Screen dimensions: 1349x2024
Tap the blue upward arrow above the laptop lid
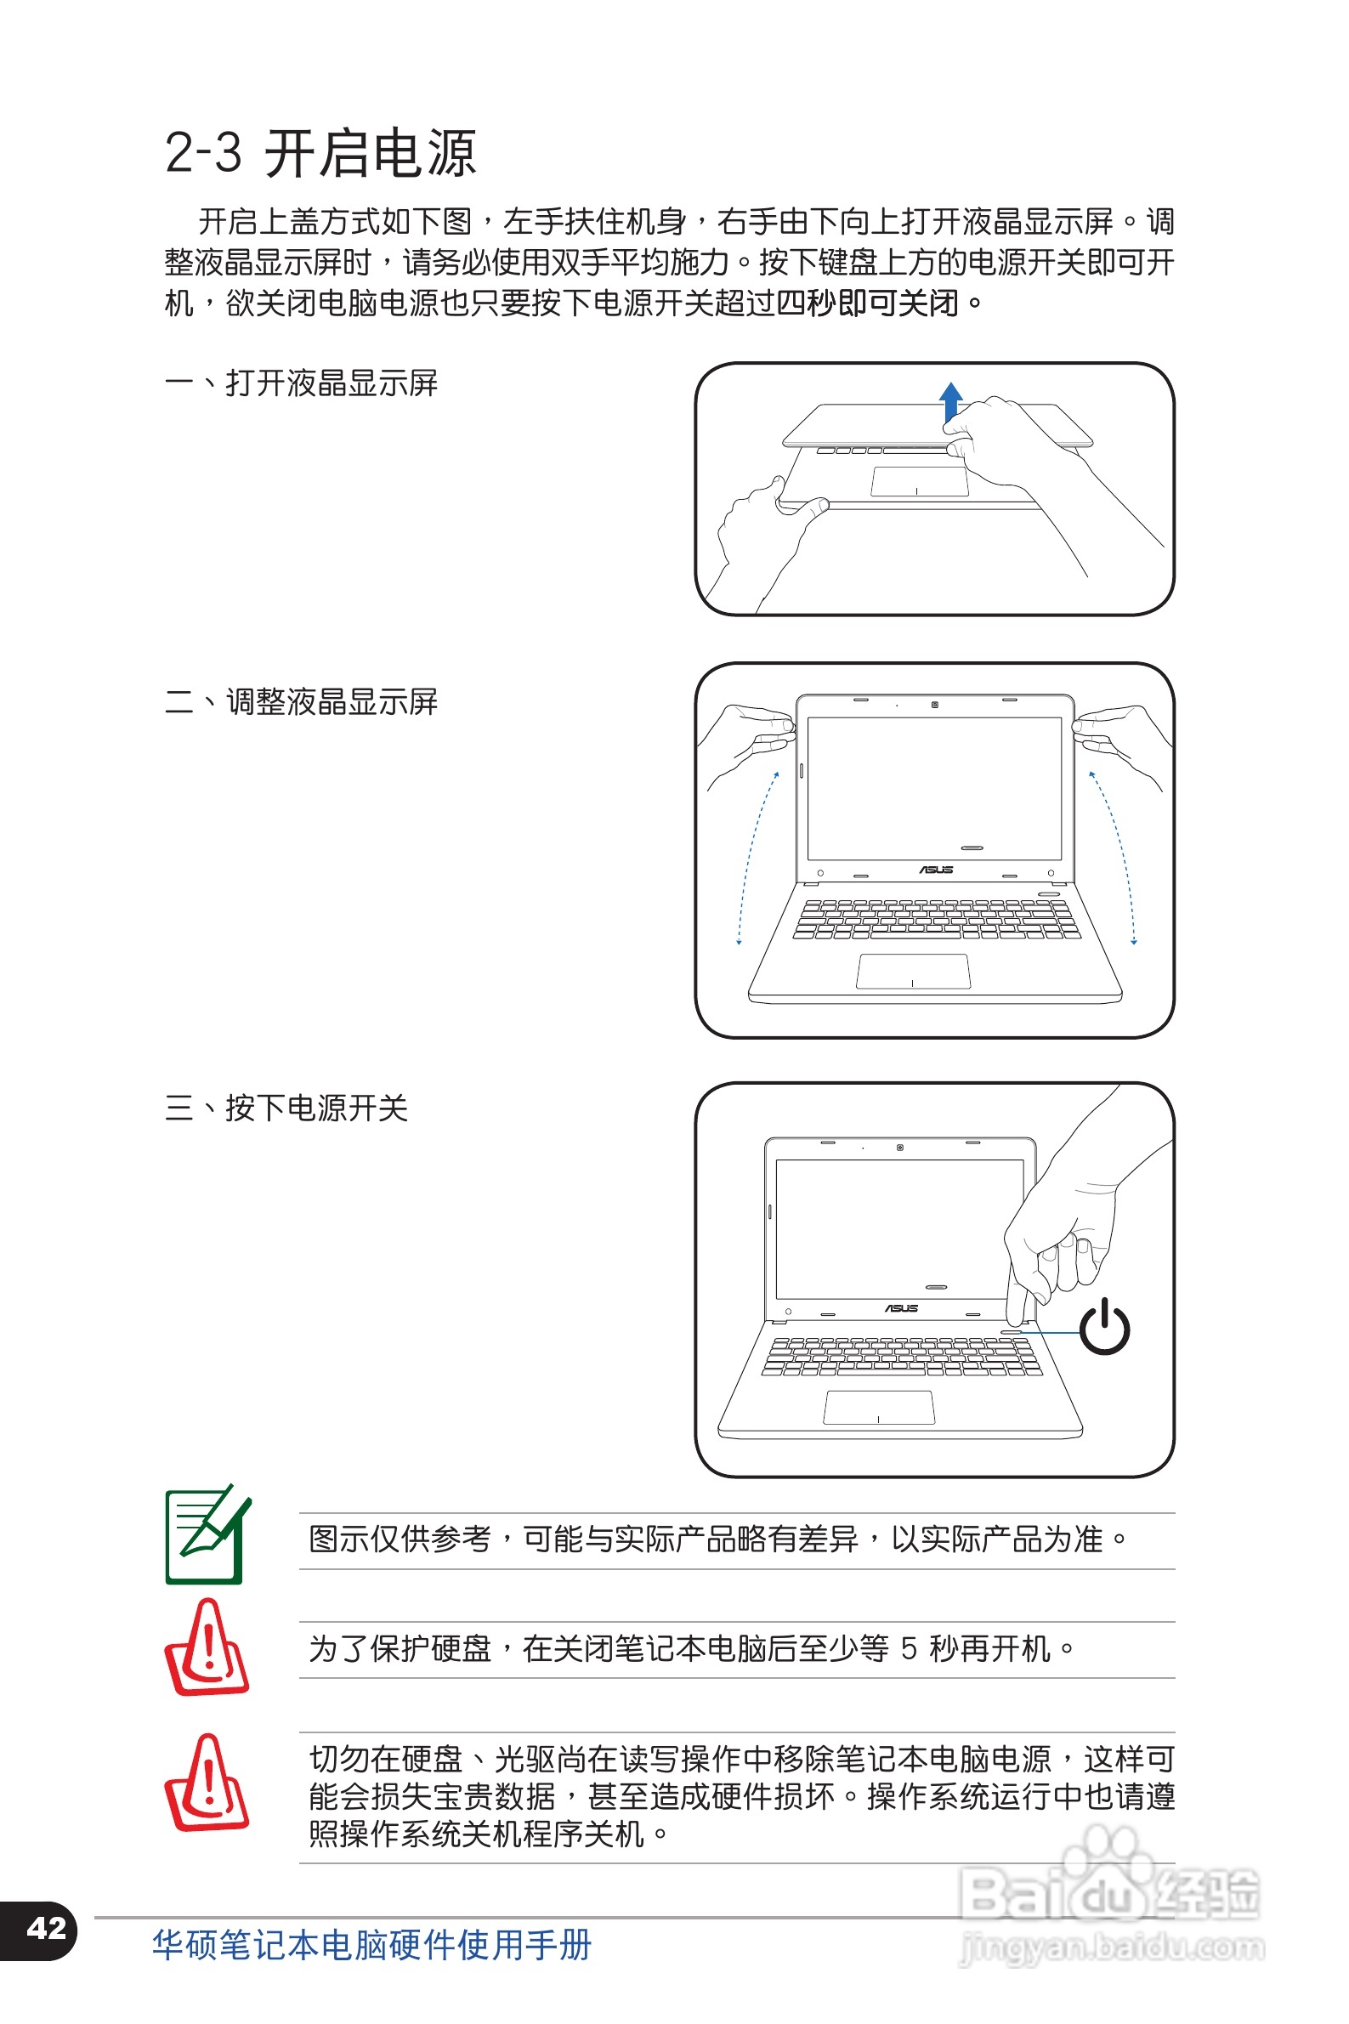coord(949,402)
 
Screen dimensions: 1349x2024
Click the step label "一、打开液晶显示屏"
coord(301,383)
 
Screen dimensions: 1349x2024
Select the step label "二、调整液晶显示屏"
coord(301,702)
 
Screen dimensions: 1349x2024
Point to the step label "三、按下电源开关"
coord(286,1108)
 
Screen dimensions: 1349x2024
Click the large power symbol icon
coord(1104,1327)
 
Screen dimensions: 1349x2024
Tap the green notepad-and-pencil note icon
coord(207,1534)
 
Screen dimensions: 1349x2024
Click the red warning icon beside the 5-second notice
coord(206,1647)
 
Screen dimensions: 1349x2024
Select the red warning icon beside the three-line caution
coord(206,1783)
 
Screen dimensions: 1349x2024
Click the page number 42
coord(47,1928)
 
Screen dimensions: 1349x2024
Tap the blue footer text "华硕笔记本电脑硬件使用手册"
coord(371,1945)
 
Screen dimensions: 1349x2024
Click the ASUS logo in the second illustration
coord(936,870)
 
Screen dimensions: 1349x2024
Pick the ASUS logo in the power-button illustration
coord(901,1308)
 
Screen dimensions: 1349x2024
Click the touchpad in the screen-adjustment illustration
coord(913,972)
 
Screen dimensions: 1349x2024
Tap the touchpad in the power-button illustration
coord(878,1407)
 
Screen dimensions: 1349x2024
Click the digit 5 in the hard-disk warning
coord(909,1649)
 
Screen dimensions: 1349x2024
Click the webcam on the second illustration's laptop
coord(935,705)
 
